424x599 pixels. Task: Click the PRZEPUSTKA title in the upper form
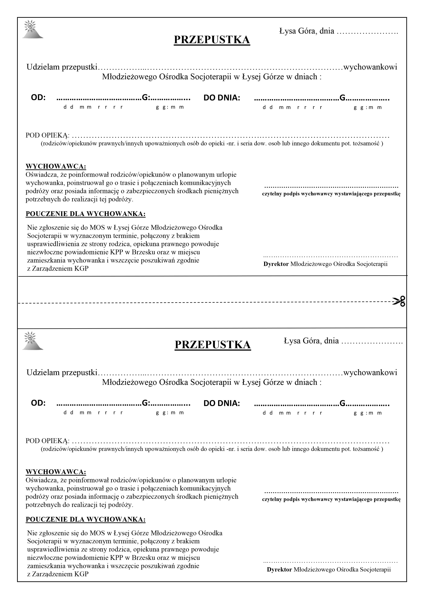coord(212,40)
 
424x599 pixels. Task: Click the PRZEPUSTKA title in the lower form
coord(213,345)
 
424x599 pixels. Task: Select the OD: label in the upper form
coord(38,98)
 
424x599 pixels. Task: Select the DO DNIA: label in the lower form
coord(222,403)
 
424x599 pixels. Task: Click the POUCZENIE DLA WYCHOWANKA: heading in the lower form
coord(85,519)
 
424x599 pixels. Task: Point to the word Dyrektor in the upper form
coord(276,264)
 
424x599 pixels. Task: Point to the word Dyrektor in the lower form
coord(279,569)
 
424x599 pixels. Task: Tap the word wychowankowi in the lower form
coord(370,373)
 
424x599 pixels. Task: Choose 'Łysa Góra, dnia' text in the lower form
coord(311,341)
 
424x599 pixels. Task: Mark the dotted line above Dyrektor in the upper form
coord(330,257)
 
